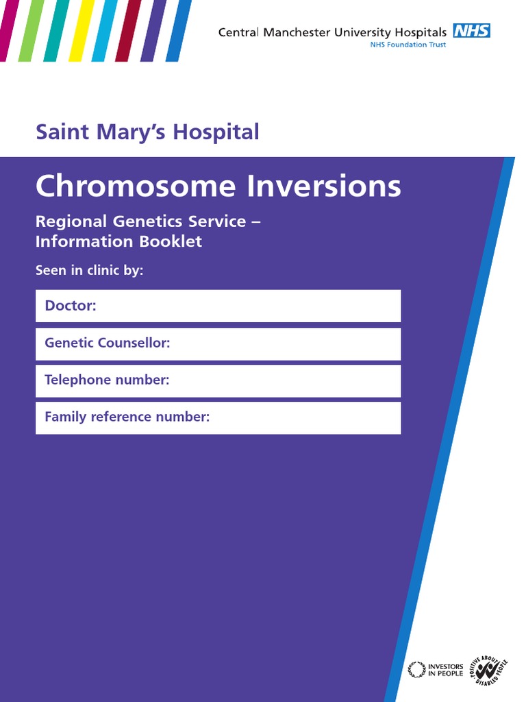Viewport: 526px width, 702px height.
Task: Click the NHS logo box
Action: (x=471, y=30)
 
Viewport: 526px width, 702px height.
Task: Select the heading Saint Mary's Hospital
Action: (x=147, y=131)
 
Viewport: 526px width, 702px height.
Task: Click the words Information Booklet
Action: (x=118, y=241)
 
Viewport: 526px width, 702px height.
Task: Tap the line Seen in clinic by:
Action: (x=89, y=270)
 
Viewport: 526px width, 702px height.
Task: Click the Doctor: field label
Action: (x=71, y=306)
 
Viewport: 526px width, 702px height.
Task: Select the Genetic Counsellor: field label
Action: (x=107, y=343)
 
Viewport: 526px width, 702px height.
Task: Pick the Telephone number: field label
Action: (x=106, y=380)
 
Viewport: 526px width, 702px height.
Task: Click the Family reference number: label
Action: (x=127, y=417)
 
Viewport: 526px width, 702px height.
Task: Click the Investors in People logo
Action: (x=436, y=669)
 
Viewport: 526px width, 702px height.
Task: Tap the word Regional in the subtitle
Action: (x=71, y=221)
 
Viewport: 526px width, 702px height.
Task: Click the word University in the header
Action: (x=359, y=32)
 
